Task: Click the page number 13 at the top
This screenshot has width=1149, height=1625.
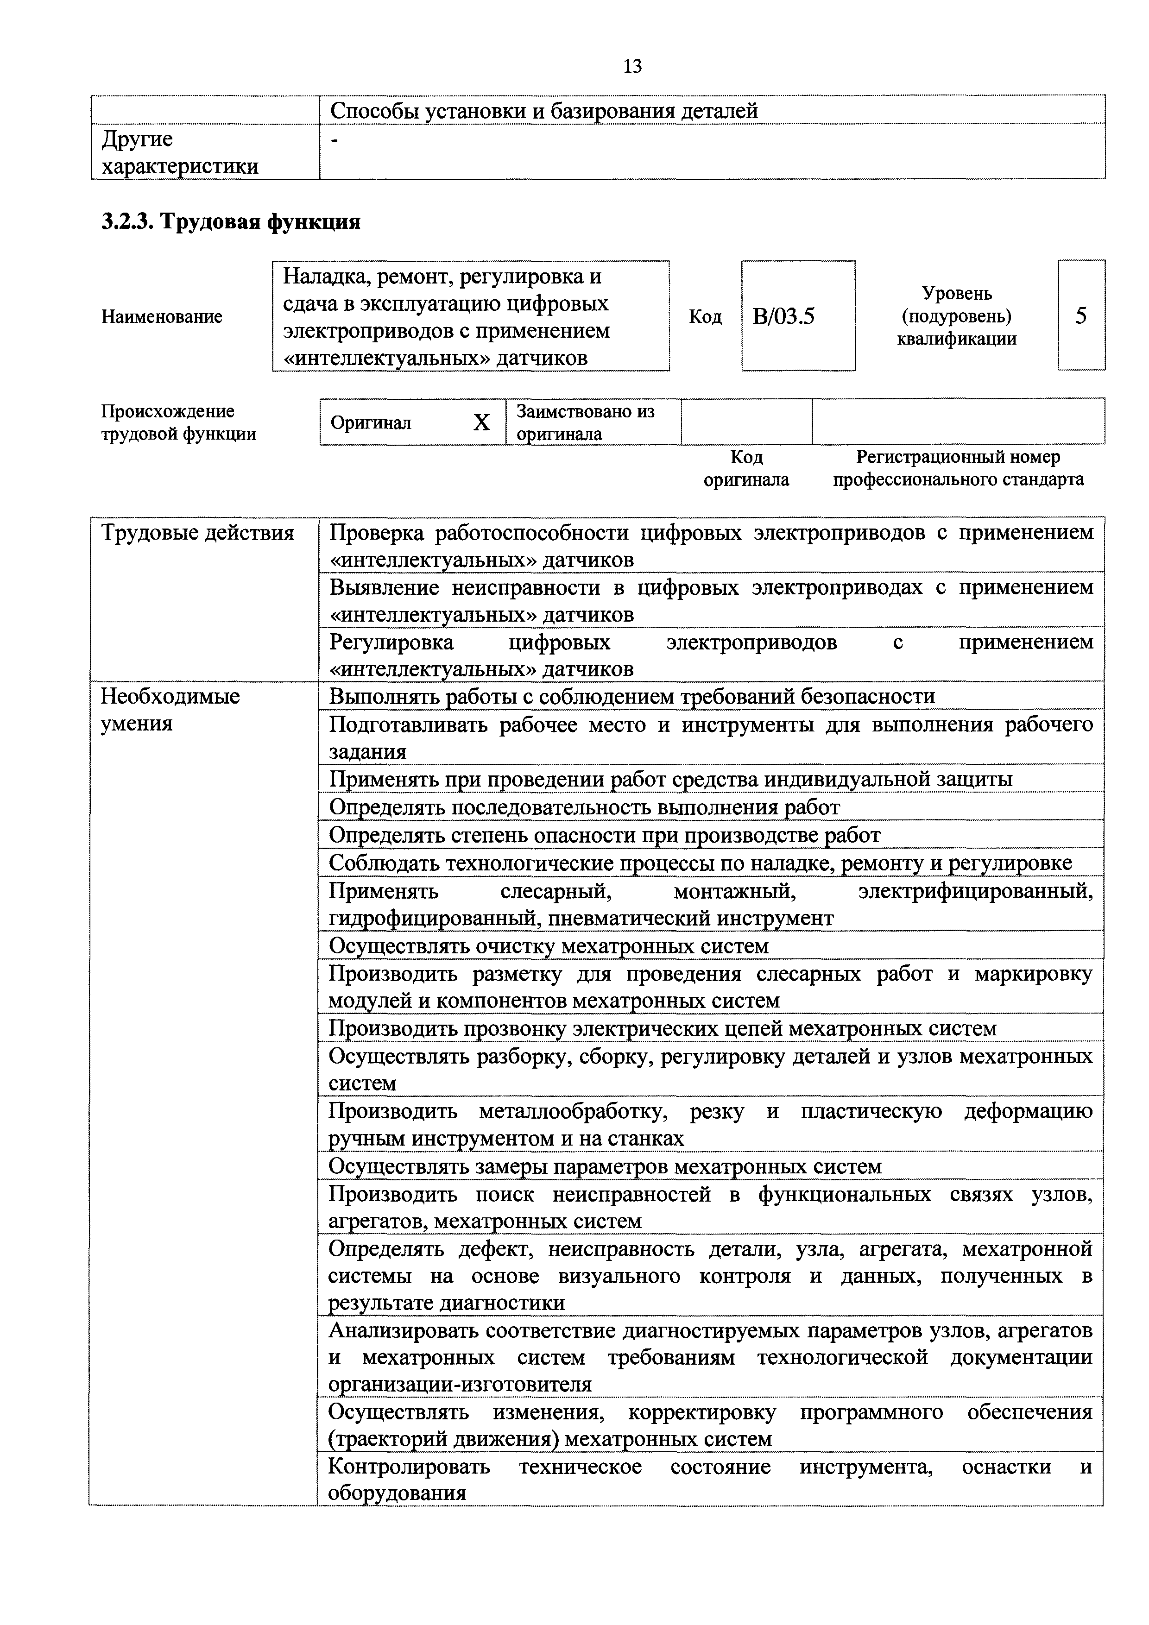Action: [x=632, y=67]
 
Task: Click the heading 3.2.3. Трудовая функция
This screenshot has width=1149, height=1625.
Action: [x=231, y=222]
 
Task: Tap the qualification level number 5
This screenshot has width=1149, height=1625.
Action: [x=1080, y=315]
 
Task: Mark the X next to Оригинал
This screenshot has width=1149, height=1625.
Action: [x=481, y=422]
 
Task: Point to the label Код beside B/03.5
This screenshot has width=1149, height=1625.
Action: [x=705, y=316]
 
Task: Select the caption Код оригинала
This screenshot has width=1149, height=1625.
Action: [x=746, y=468]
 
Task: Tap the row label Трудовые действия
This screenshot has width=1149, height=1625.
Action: [x=197, y=532]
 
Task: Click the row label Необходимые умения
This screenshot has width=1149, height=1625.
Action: [x=170, y=709]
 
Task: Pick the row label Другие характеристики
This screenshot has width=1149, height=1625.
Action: [x=180, y=152]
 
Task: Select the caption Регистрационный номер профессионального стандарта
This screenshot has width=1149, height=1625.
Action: [x=957, y=468]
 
